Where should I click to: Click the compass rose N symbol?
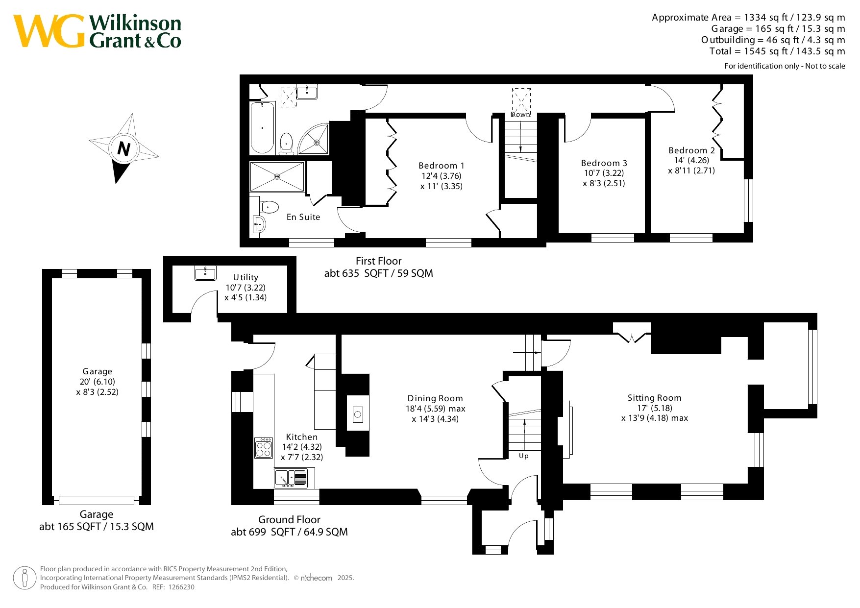click(123, 148)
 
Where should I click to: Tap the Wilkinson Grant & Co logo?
click(97, 31)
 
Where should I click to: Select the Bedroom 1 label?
click(442, 166)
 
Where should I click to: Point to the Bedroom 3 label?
click(604, 163)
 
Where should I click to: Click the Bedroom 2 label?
click(691, 150)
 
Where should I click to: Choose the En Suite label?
click(303, 217)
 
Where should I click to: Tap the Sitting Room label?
click(655, 398)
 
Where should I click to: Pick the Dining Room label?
click(435, 398)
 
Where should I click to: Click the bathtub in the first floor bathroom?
click(262, 127)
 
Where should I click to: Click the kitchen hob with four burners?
click(264, 448)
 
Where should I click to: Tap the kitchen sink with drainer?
click(291, 478)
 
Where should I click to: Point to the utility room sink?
click(205, 273)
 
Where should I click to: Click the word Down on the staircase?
click(520, 115)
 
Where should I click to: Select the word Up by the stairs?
click(524, 456)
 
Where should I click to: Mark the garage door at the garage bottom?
click(97, 500)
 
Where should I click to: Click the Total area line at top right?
click(777, 51)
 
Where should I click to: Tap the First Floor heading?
click(379, 261)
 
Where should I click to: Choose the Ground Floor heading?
click(290, 520)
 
